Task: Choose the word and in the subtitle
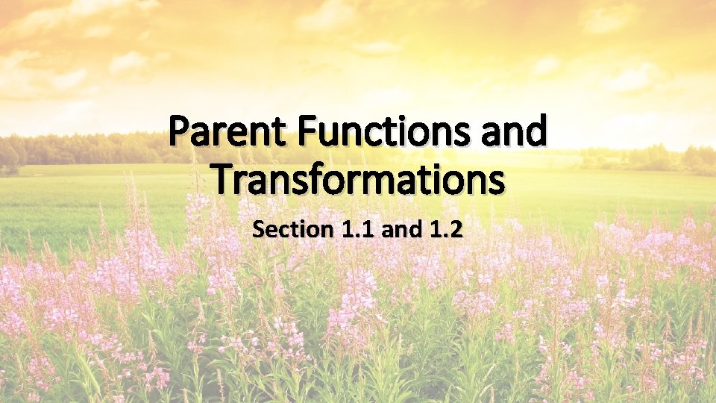pos(403,230)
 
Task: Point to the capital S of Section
pos(259,230)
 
